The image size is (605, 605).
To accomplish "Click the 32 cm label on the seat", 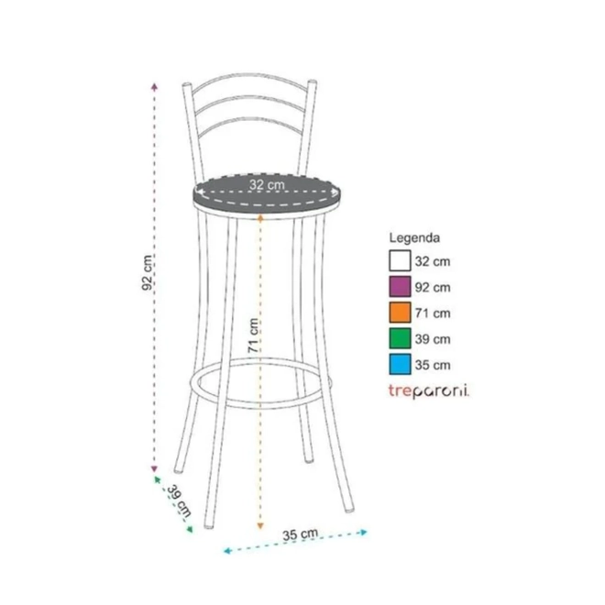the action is [267, 185].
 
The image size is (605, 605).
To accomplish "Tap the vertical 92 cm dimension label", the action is [147, 272].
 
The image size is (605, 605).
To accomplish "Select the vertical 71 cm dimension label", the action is [253, 335].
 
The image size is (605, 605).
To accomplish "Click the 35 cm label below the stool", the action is [300, 534].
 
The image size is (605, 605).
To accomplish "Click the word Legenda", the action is [414, 237].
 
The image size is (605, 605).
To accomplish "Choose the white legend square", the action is [400, 261].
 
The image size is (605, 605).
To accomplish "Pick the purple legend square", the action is [400, 287].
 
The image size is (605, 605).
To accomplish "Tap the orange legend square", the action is [400, 313].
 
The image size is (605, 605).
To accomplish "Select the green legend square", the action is [400, 338].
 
